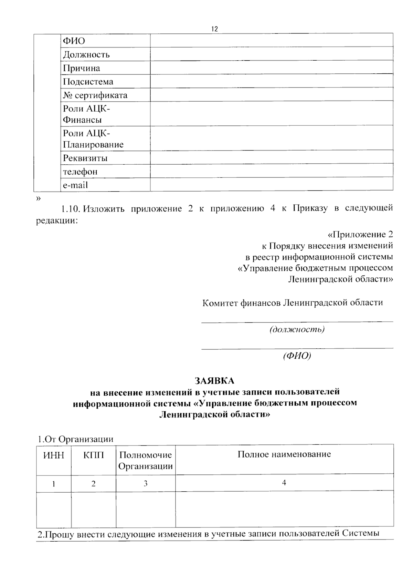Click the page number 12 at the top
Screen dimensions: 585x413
pyautogui.click(x=214, y=29)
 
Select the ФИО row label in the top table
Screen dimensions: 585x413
pyautogui.click(x=74, y=41)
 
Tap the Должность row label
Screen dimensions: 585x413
pyautogui.click(x=86, y=54)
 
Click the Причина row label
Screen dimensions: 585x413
pyautogui.click(x=82, y=68)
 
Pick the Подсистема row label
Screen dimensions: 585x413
pyautogui.click(x=88, y=82)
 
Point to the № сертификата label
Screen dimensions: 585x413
pyautogui.click(x=95, y=95)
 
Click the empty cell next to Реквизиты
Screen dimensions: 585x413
pyautogui.click(x=271, y=158)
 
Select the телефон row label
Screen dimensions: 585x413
pyautogui.click(x=80, y=172)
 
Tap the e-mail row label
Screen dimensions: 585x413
pyautogui.click(x=75, y=185)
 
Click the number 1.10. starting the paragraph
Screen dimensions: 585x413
pyautogui.click(x=71, y=209)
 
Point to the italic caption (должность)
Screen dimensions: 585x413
pyautogui.click(x=297, y=329)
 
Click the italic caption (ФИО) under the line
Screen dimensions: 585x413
pyautogui.click(x=297, y=356)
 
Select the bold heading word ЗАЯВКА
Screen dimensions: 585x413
pyautogui.click(x=214, y=381)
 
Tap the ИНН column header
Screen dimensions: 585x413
pyautogui.click(x=54, y=455)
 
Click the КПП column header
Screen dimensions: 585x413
pyautogui.click(x=93, y=455)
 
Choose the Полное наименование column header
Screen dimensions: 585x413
pyautogui.click(x=284, y=454)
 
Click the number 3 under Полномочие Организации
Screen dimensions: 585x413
pyautogui.click(x=146, y=483)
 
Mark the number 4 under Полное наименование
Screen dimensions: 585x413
pyautogui.click(x=284, y=483)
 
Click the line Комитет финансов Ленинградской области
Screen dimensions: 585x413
pyautogui.click(x=292, y=303)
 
